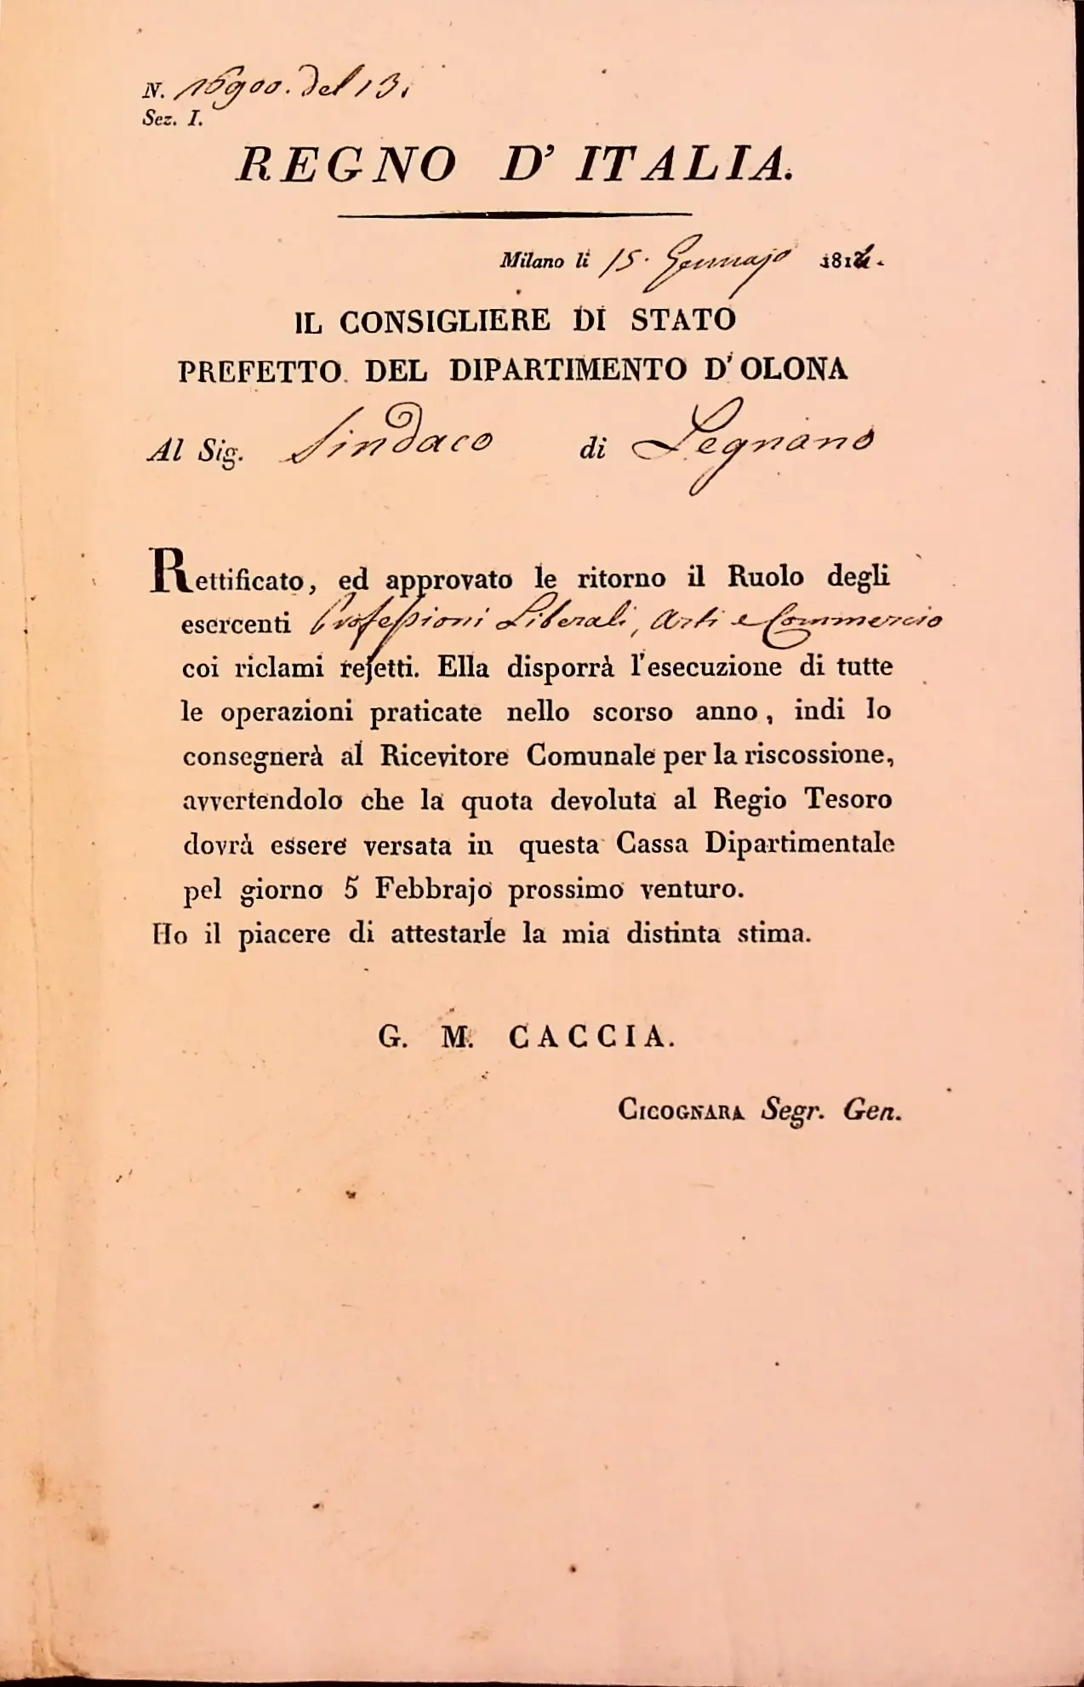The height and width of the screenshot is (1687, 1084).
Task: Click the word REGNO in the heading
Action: point(345,165)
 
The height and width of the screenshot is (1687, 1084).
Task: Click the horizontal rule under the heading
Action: point(515,215)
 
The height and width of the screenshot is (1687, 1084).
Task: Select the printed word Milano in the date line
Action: point(532,261)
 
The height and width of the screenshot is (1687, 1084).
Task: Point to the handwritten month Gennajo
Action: point(727,261)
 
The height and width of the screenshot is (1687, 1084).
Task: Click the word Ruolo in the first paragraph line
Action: point(765,577)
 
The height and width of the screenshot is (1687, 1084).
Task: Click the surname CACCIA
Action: point(591,1037)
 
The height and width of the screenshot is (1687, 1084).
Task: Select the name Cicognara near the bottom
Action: point(682,1110)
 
